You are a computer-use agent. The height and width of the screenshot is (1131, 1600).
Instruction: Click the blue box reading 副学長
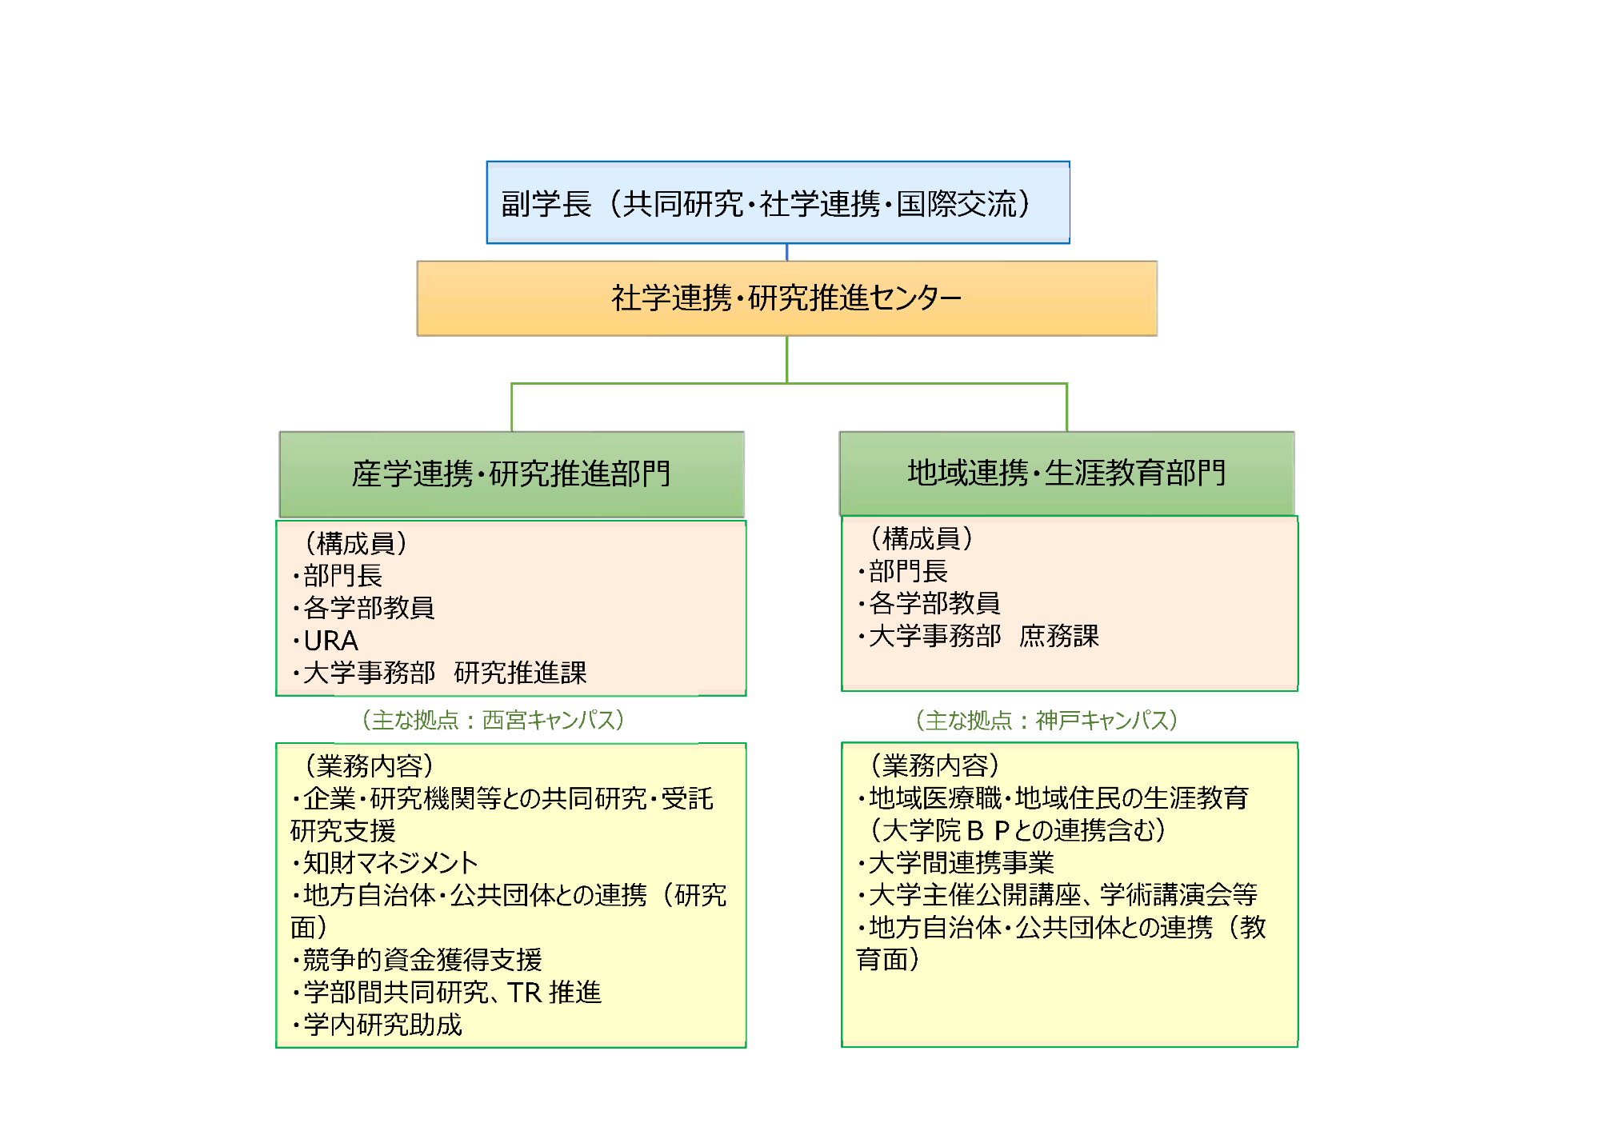[x=778, y=202]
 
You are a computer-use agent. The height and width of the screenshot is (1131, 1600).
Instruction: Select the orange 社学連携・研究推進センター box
[x=787, y=298]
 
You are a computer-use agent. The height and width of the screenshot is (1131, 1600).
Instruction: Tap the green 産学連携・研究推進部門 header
[x=512, y=474]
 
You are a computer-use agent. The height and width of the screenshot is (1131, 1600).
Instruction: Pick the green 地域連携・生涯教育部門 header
[x=1067, y=473]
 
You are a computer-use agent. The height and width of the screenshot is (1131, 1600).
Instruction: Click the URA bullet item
[x=326, y=641]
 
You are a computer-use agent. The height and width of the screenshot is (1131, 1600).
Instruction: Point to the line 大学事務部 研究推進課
[x=439, y=673]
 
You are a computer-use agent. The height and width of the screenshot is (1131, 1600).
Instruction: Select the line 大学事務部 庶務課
[x=978, y=636]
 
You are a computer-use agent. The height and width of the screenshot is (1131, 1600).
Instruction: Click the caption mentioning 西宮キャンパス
[x=493, y=720]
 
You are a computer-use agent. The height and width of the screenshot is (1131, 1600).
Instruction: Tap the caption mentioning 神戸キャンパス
[x=1046, y=720]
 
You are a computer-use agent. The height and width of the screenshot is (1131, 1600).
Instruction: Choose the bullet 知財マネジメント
[x=385, y=862]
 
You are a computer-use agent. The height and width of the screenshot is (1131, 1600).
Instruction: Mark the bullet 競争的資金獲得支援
[x=417, y=960]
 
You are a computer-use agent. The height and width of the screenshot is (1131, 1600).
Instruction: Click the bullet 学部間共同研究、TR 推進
[x=446, y=993]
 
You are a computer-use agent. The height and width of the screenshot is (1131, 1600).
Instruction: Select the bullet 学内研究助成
[x=377, y=1025]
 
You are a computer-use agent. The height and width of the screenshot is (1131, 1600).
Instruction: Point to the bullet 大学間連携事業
[x=956, y=862]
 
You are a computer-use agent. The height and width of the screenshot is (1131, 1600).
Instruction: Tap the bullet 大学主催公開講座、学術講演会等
[x=1058, y=894]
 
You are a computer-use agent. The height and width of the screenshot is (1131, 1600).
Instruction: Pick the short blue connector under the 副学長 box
[x=787, y=252]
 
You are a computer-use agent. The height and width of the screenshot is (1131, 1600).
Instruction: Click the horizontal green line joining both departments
[x=790, y=384]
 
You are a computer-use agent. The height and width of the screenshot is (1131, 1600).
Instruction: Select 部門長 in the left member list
[x=337, y=576]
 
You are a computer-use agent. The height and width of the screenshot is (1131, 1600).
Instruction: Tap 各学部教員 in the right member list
[x=929, y=603]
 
